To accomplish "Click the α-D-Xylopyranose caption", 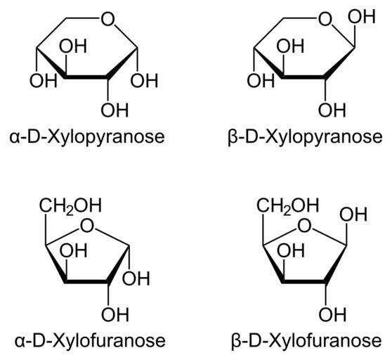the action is pos(87,137).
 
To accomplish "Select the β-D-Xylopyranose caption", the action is pos(305,137).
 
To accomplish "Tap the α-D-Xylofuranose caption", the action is pos(90,341).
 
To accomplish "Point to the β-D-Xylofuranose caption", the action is pos(306,341).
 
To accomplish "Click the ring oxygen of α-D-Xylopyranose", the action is pos(107,19).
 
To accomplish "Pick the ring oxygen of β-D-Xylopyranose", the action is pos(325,19).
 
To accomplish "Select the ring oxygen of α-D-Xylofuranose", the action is pos(87,226).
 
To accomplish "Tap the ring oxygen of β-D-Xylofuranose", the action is pos(304,226).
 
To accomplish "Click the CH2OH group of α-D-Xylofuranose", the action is pos(70,206).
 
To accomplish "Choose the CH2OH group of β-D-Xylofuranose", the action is pos(288,206).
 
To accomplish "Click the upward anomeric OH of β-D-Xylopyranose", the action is pos(362,16).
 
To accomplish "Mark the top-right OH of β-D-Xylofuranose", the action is pos(353,214).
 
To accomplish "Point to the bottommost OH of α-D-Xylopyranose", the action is pos(115,110).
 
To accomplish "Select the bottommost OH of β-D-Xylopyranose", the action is pos(332,110).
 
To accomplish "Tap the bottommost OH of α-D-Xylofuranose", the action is pos(115,314).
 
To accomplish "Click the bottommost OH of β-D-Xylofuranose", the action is pos(332,314).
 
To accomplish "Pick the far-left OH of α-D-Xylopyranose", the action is pos(44,80).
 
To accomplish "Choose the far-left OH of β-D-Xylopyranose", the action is pos(261,80).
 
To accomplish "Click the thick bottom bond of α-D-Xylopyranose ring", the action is pos(86,77).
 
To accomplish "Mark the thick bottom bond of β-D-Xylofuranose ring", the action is pos(304,281).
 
